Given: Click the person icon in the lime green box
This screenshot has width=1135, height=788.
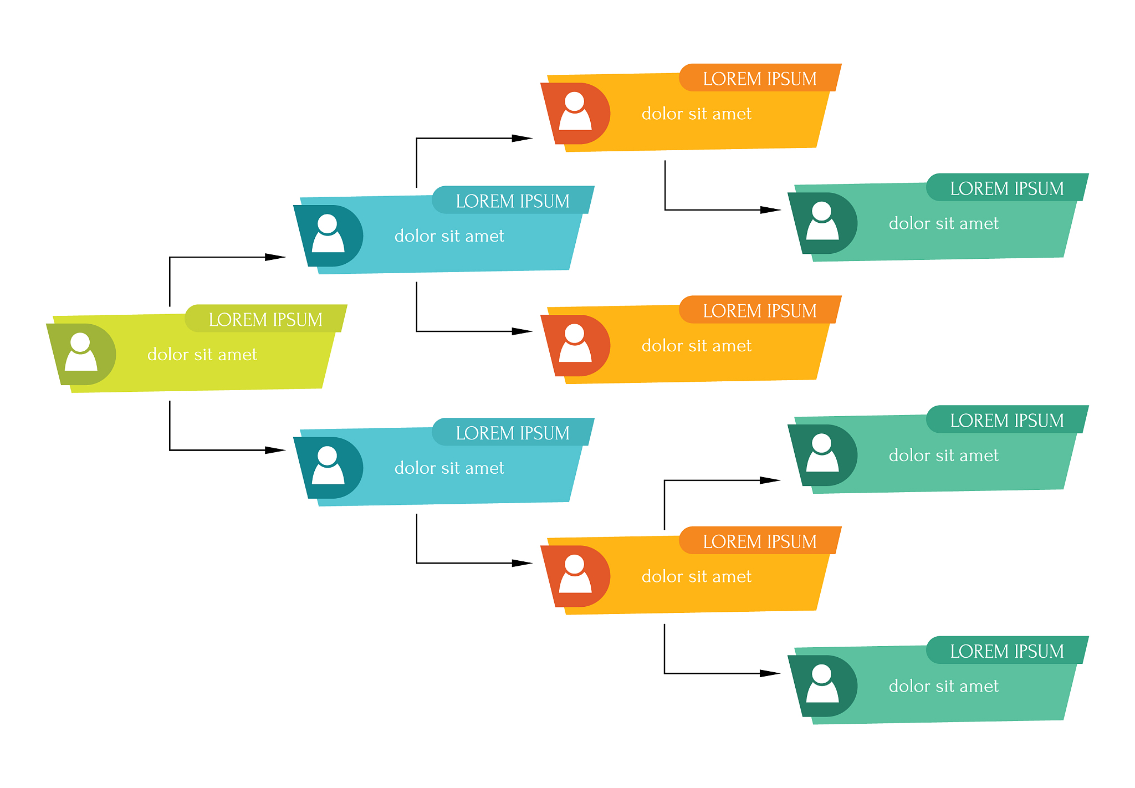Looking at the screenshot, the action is click(81, 352).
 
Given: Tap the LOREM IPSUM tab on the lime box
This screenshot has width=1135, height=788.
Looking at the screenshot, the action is click(266, 319).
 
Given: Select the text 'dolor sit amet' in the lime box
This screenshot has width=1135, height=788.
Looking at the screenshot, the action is click(202, 355).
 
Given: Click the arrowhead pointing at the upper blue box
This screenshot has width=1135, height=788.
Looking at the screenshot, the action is click(275, 257).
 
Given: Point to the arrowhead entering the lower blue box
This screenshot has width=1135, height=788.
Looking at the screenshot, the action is click(275, 450).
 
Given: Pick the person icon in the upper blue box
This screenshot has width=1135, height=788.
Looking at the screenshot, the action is click(328, 233).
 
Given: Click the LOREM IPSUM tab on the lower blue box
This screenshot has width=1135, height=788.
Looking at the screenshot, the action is click(513, 432).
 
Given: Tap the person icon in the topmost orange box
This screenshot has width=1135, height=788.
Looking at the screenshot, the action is click(575, 111).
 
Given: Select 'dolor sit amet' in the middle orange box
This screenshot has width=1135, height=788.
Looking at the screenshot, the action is click(697, 346).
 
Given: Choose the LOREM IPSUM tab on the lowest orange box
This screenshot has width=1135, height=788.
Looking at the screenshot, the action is click(760, 541).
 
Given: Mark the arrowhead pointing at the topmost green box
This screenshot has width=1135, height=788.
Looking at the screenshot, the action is click(770, 210).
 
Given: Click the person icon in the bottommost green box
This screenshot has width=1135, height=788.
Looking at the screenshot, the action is click(822, 684).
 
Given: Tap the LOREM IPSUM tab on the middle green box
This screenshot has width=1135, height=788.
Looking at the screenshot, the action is click(1008, 419).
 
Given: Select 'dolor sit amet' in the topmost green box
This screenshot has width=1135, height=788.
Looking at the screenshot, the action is click(944, 223).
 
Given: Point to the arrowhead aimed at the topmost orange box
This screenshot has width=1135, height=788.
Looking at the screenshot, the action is click(522, 138).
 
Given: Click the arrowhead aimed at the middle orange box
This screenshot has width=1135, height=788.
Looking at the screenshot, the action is click(522, 331).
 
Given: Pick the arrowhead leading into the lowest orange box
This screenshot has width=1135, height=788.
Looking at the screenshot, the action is click(522, 563).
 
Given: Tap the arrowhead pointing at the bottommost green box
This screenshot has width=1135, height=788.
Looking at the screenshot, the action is click(770, 673).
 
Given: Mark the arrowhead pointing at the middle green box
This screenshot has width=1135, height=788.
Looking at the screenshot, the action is click(770, 480).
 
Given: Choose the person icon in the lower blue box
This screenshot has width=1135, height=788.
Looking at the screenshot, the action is click(328, 465).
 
